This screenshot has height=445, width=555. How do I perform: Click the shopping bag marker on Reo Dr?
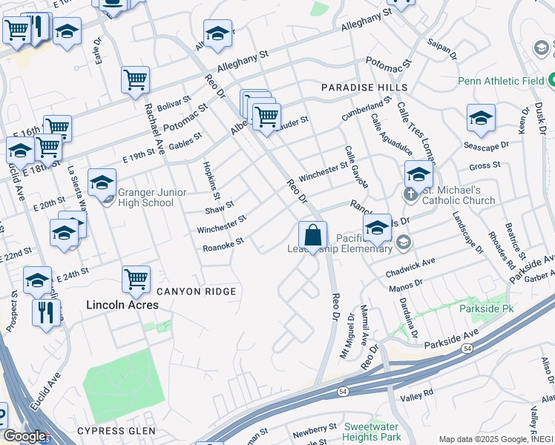click(313, 236)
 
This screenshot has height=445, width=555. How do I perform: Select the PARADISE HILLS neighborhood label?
click(354, 88)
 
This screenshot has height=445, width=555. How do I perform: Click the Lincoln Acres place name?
click(122, 304)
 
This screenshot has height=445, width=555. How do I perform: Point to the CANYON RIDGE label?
click(195, 291)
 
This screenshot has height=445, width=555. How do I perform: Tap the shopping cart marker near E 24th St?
click(136, 280)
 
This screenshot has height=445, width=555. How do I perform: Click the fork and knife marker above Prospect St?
click(46, 312)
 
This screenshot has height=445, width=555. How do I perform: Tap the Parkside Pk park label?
click(487, 307)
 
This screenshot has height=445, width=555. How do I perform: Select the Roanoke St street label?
click(223, 245)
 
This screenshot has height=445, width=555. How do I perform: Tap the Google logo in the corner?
click(24, 436)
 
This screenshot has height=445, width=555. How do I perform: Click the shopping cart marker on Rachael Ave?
click(136, 80)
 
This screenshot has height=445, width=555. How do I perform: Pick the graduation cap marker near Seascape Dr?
click(481, 119)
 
